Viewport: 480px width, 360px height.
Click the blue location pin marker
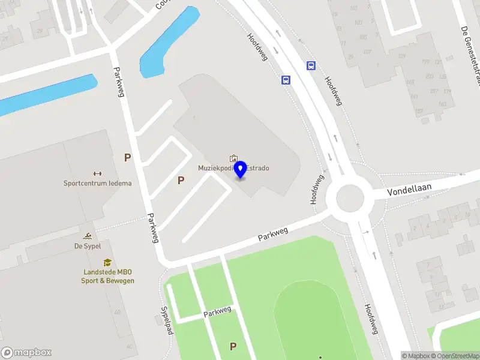241,169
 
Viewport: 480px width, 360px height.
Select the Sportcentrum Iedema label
97,183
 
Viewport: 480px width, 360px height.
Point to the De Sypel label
88,245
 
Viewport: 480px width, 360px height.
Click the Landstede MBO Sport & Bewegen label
108,276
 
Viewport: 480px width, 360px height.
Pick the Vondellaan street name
410,189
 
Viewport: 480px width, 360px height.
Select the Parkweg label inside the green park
217,311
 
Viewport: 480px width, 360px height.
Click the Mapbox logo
26,353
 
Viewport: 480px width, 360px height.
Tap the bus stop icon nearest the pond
286,80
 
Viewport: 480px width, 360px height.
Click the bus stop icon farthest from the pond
311,66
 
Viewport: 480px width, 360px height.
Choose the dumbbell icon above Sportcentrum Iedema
97,173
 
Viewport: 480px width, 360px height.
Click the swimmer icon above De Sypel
88,236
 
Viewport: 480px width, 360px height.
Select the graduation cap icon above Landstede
107,262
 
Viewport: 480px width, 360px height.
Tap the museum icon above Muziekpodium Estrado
233,158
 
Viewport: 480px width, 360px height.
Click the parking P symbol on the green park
233,346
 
